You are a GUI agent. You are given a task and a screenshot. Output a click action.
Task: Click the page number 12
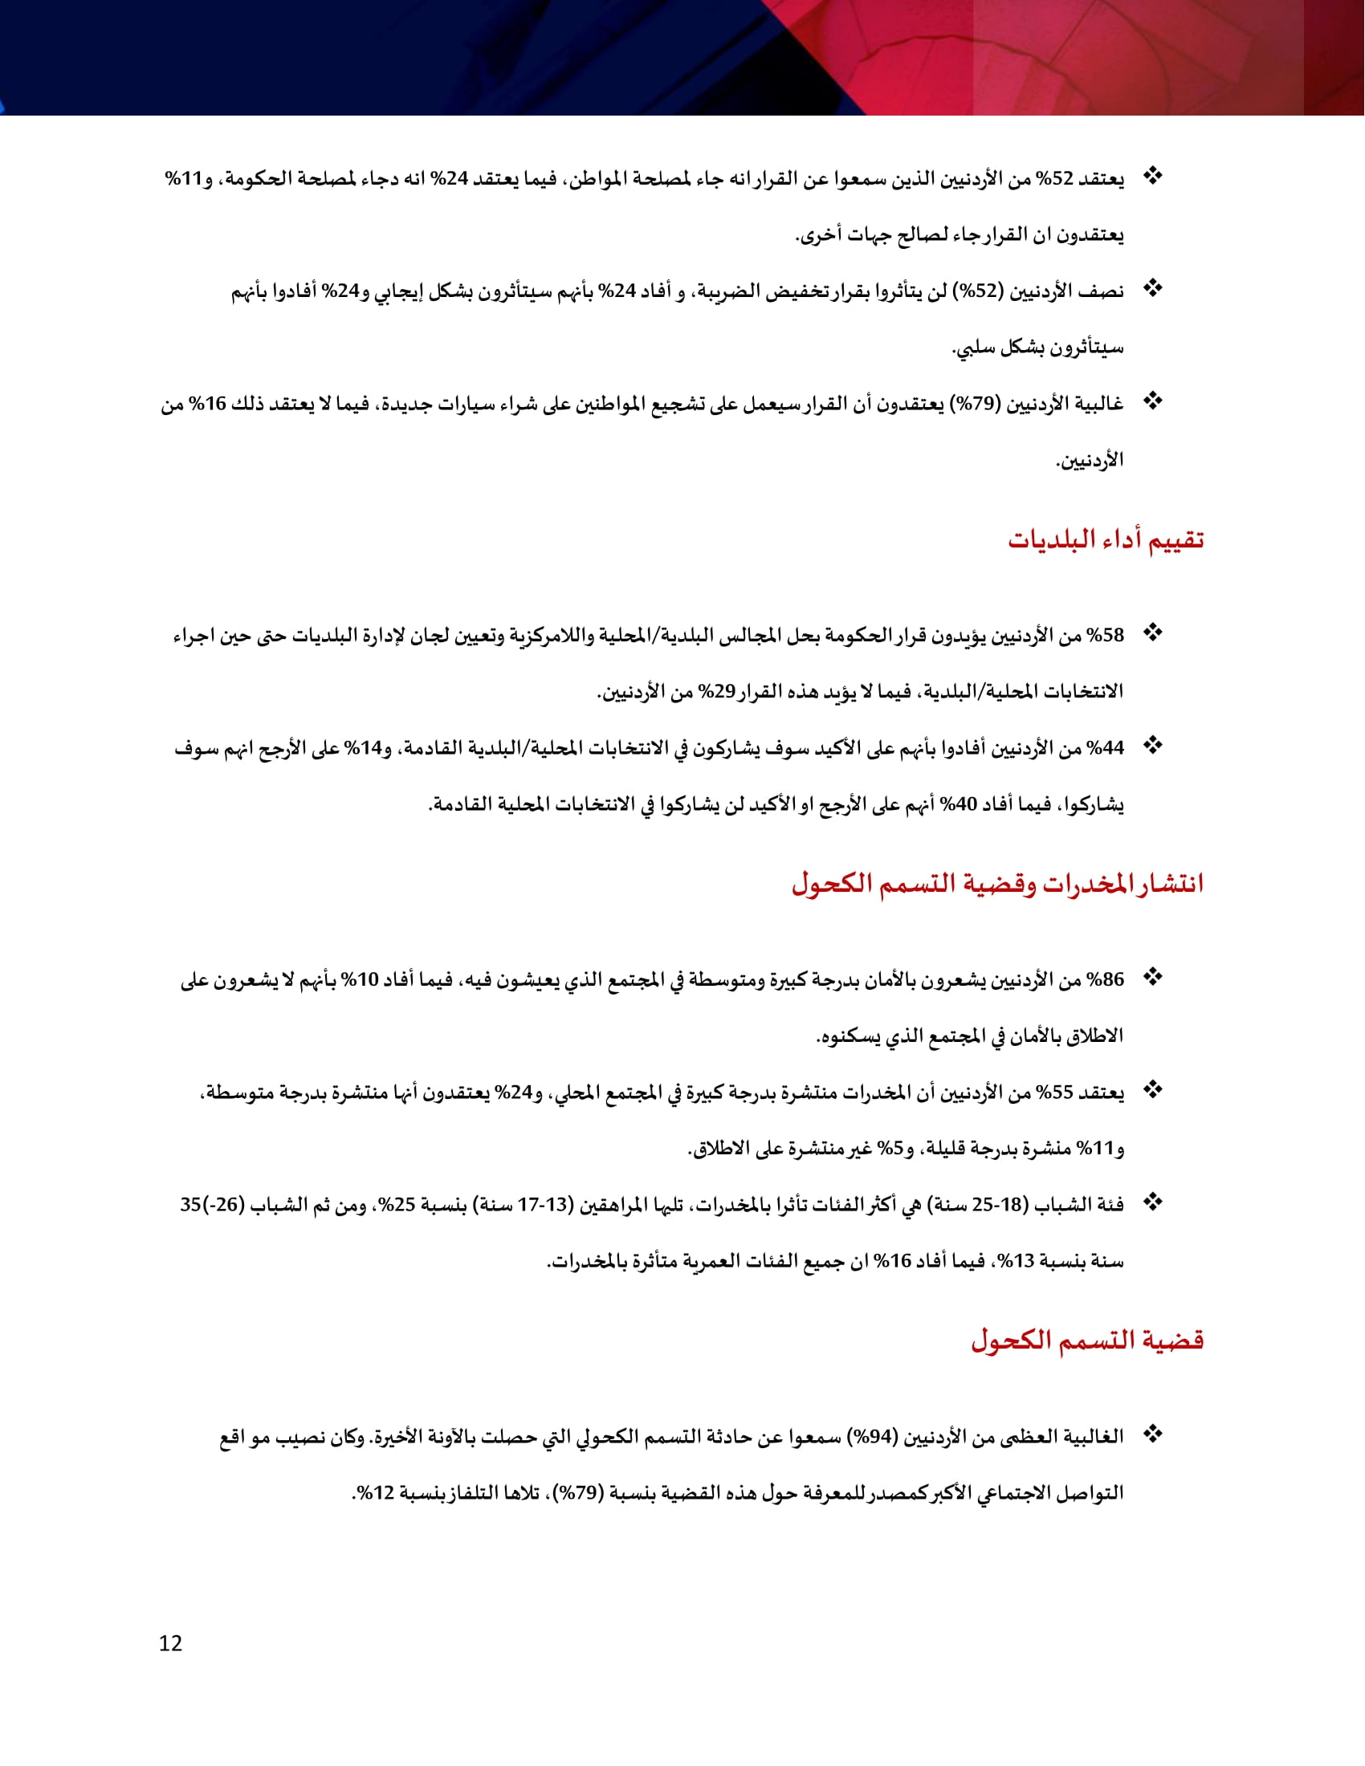coord(170,1643)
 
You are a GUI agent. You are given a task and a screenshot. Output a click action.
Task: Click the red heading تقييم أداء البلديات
coord(1106,539)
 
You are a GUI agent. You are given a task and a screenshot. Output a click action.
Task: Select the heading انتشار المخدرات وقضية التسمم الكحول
coord(997,884)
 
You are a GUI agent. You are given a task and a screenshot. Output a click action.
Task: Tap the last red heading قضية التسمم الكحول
coord(1087,1340)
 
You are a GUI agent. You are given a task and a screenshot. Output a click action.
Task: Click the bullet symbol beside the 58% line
coord(1153,633)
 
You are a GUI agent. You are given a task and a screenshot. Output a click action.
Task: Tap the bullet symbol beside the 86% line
coord(1153,978)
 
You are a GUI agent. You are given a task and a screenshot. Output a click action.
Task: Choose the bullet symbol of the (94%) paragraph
coord(1153,1434)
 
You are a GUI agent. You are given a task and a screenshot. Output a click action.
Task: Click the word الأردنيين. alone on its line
coord(1090,461)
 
